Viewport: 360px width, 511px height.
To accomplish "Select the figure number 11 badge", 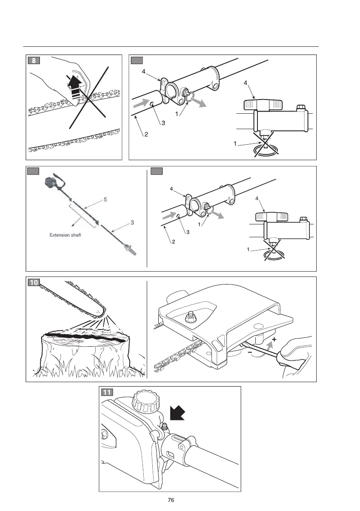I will click(x=107, y=392).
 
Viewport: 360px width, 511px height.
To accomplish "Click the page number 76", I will click(x=171, y=500).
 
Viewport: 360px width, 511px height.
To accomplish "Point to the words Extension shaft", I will click(x=65, y=235).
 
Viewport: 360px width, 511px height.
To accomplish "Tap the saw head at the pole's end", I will click(x=128, y=251).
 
